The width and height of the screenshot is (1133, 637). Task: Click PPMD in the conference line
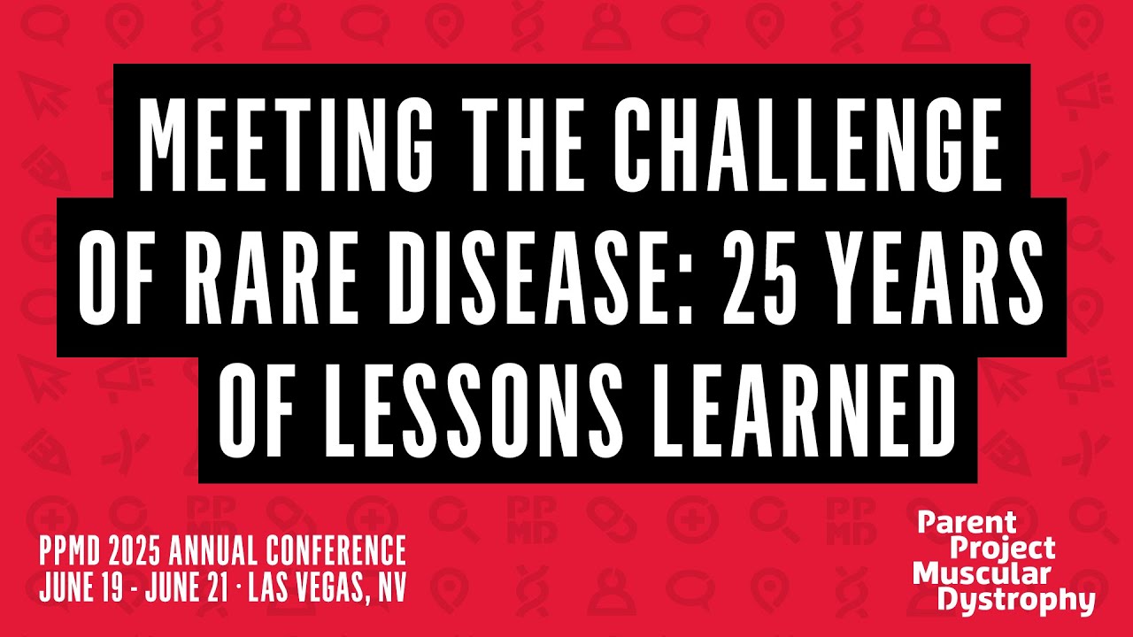68,552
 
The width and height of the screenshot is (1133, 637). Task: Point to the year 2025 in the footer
132,552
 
